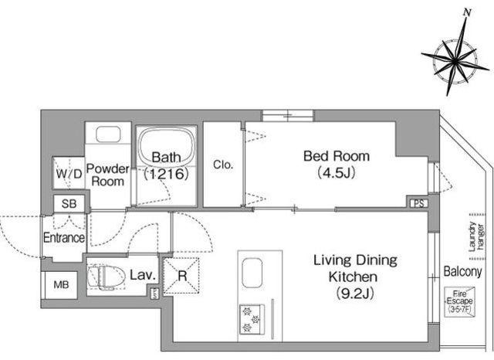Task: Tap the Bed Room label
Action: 337,156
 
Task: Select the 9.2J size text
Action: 354,294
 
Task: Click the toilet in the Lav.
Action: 106,277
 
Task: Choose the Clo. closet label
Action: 223,165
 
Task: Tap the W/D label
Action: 69,174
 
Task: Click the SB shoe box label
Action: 69,204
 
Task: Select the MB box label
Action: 61,285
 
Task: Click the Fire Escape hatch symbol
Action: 460,301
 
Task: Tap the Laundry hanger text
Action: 476,236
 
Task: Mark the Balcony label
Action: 463,271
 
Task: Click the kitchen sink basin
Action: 252,273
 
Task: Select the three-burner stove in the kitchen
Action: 252,319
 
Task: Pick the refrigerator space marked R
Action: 181,277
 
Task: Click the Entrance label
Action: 64,238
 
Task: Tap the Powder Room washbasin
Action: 108,134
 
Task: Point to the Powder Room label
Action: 108,175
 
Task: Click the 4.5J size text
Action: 337,173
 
